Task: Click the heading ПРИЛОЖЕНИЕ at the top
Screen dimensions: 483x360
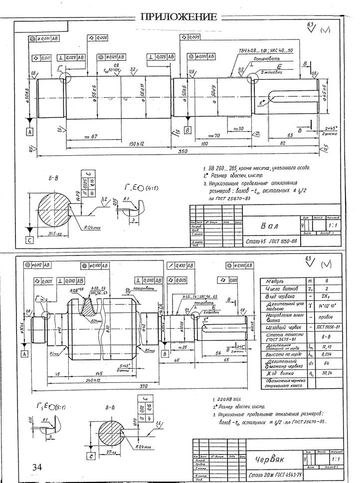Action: tap(180, 16)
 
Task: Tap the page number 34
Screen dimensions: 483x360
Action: tap(36, 467)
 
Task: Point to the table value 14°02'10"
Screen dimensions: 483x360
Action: tap(328, 307)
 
